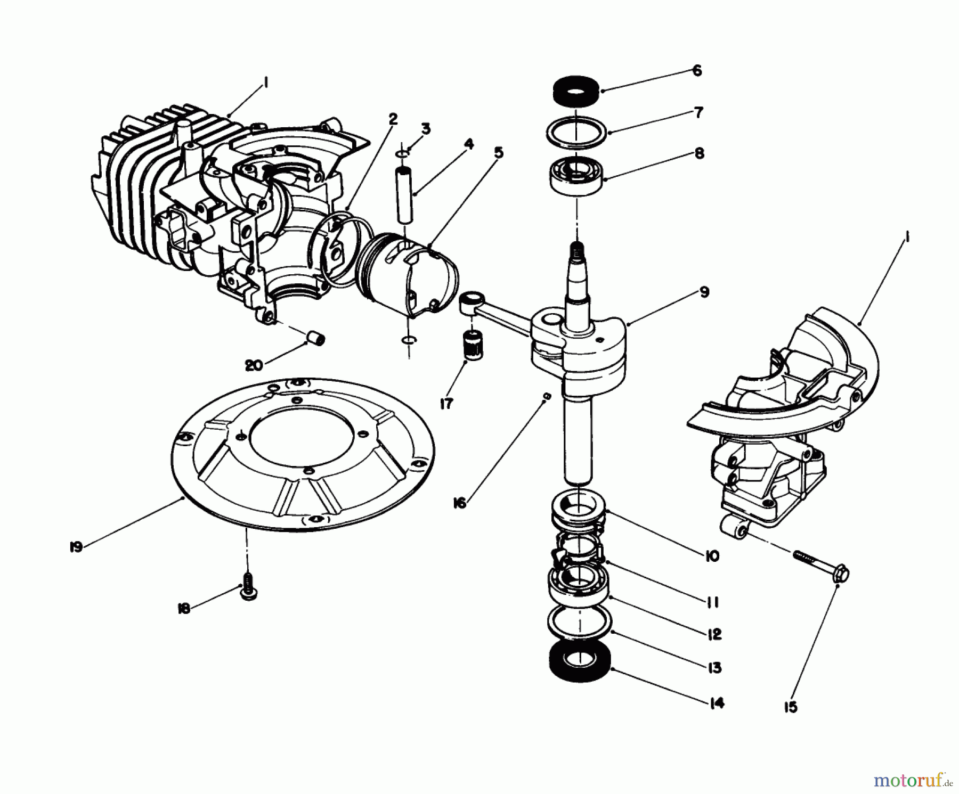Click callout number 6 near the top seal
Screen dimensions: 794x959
coord(696,71)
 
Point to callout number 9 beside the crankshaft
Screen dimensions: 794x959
coord(704,292)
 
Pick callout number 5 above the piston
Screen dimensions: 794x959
coord(498,153)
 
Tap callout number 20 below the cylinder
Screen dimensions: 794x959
coord(254,365)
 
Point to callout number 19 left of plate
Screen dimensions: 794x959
coord(76,547)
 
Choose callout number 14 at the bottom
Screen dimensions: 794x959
coord(717,703)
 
